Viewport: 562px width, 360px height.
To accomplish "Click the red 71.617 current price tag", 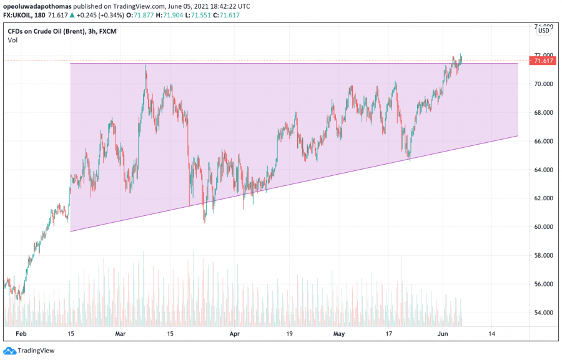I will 541,61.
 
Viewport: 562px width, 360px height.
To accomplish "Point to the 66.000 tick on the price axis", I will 542,142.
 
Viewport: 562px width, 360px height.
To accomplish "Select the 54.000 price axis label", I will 542,313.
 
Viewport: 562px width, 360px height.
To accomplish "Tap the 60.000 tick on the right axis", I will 542,227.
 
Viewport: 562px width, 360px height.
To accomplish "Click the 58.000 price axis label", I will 542,256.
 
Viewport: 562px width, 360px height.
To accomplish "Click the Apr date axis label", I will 234,334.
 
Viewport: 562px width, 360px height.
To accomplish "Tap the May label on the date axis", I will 339,334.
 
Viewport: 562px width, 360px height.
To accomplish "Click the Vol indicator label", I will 12,40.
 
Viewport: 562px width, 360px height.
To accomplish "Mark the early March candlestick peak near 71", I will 145,65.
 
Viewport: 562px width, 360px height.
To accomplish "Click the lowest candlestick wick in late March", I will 204,221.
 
